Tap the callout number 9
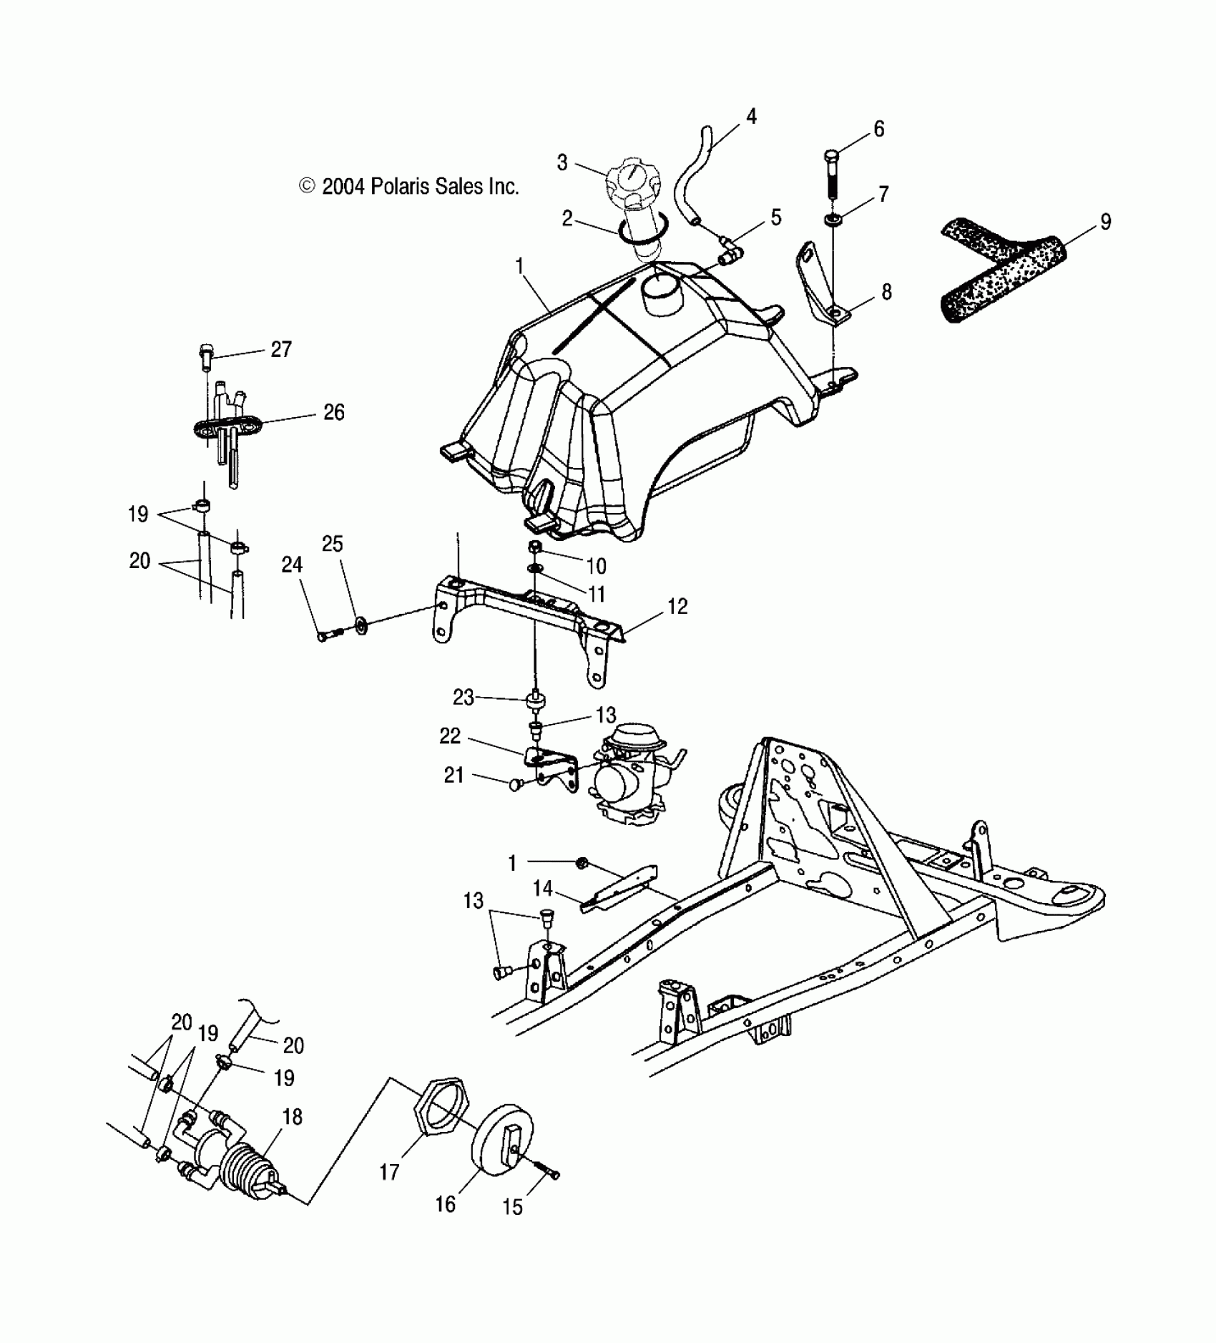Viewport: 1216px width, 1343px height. pos(1105,223)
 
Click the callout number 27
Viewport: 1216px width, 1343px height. pos(281,349)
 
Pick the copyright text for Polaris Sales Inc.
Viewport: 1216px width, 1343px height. pos(408,187)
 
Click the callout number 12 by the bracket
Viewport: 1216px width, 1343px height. pos(677,607)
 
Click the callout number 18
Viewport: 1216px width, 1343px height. pos(292,1117)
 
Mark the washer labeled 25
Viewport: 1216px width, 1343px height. pos(361,627)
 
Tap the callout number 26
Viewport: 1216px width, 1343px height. pos(334,413)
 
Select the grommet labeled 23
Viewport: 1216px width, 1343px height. pos(535,699)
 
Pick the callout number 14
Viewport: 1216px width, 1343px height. pos(542,889)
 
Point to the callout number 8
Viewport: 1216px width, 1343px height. pos(886,292)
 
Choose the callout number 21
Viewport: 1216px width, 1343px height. pos(454,775)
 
